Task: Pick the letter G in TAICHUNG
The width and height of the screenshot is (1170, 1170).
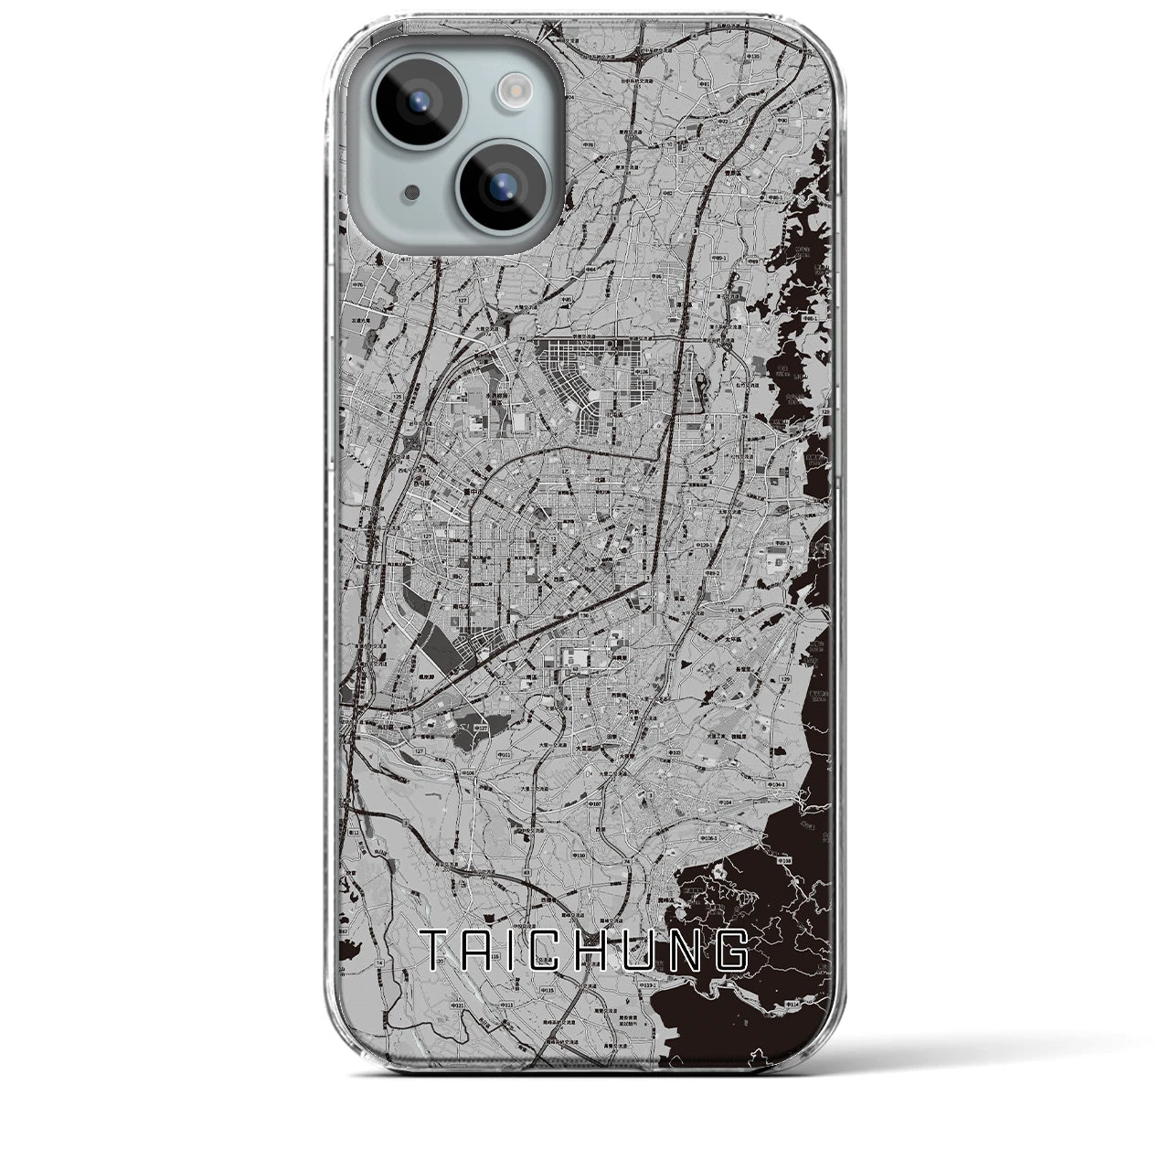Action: pos(731,951)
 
